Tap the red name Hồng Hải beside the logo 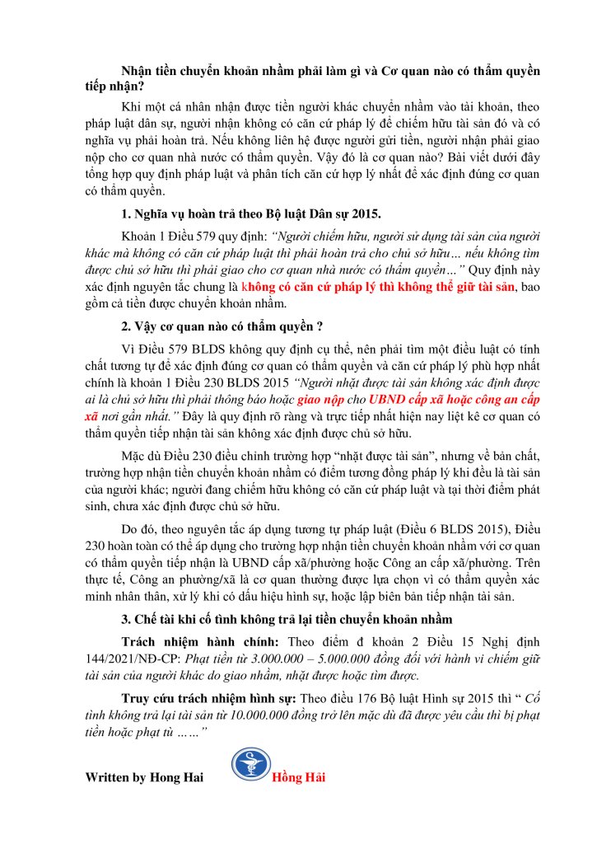pyautogui.click(x=296, y=779)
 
